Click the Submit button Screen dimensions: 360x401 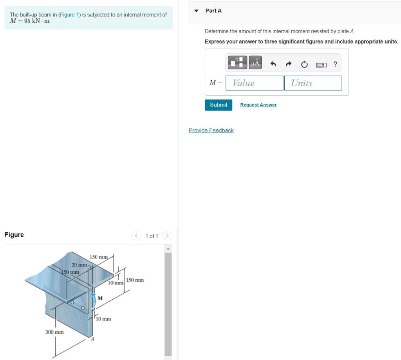tap(218, 105)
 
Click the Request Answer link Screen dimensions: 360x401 tap(258, 105)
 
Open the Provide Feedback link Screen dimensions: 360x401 tap(211, 130)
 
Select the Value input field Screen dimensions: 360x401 tap(254, 83)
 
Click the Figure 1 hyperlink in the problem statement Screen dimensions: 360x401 tap(69, 14)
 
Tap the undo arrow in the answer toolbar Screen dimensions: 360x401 tap(274, 63)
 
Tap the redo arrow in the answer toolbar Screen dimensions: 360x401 tap(289, 63)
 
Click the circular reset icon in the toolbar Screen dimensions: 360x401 tap(304, 63)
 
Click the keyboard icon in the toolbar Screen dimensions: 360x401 tap(321, 64)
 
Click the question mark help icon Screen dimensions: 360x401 tap(335, 63)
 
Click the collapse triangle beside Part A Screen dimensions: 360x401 tap(197, 11)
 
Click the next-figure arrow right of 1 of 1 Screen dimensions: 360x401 tap(167, 236)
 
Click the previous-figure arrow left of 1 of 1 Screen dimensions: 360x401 tap(136, 236)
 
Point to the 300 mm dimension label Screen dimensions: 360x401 tap(55, 332)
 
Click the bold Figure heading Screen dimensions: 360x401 tap(14, 235)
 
